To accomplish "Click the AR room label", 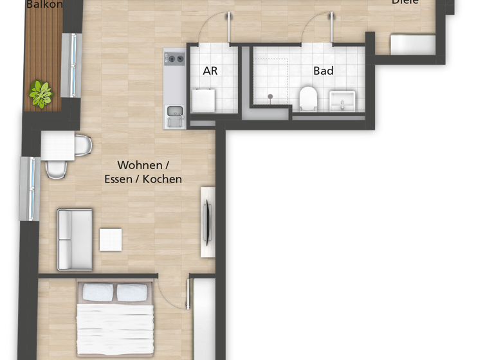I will [x=210, y=71].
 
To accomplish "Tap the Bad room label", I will [x=324, y=71].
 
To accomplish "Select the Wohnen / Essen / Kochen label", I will [x=143, y=172].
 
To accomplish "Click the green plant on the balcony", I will [x=41, y=94].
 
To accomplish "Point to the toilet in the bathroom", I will [x=308, y=98].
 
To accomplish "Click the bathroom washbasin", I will [x=342, y=100].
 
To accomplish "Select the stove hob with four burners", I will [x=174, y=59].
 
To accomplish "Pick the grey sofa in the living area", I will [x=74, y=239].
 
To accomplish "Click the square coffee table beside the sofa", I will [x=111, y=240].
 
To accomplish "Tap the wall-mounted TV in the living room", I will [x=207, y=222].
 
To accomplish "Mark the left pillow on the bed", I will [x=98, y=293].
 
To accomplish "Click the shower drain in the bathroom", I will [x=270, y=96].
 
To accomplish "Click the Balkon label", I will [x=44, y=4].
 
